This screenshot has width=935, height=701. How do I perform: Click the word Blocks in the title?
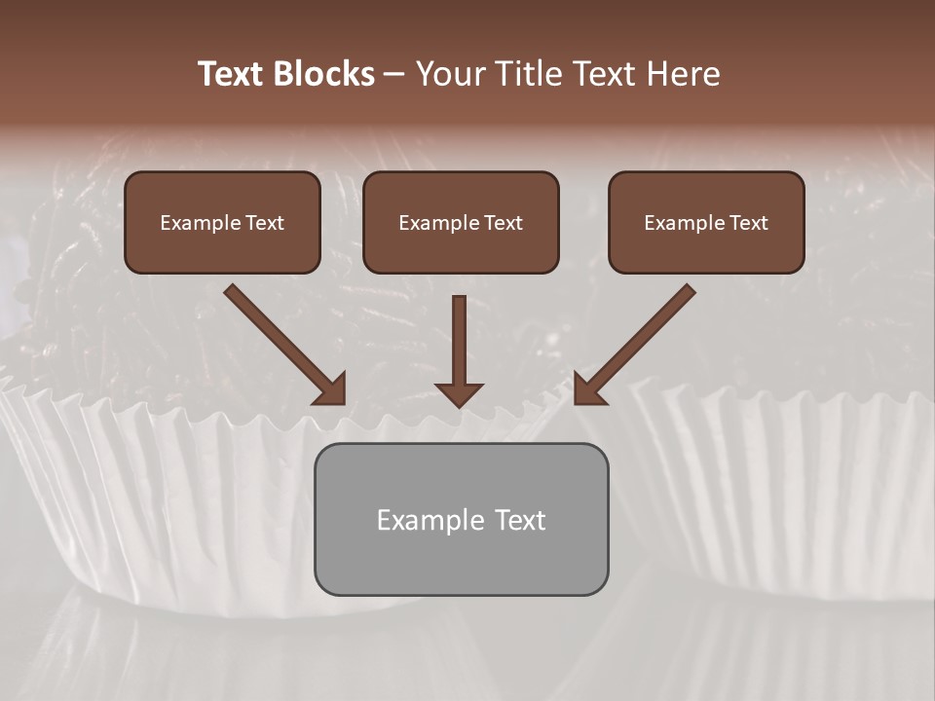coord(325,74)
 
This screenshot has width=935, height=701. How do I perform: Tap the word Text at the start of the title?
coord(233,74)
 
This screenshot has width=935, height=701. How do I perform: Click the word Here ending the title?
coord(684,74)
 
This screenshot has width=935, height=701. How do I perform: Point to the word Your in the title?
coord(449,74)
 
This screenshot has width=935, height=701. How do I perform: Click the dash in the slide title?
coord(394,75)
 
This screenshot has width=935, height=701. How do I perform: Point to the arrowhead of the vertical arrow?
coord(459,392)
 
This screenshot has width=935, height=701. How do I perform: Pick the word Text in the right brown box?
coord(748,223)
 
